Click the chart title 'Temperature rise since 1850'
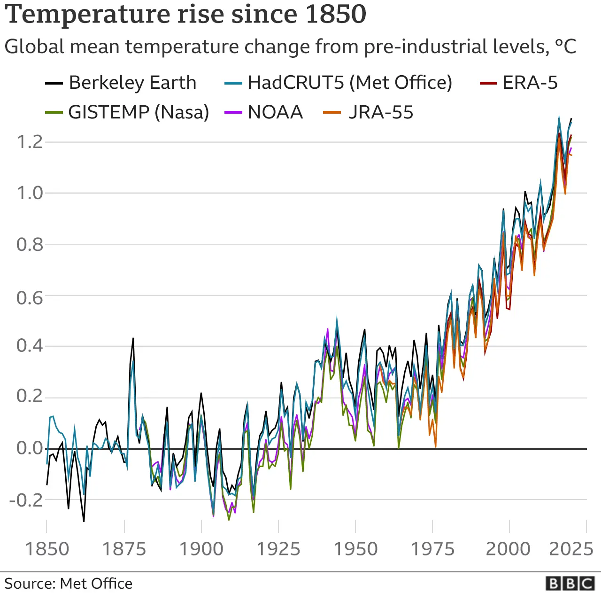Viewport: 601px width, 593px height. pyautogui.click(x=185, y=14)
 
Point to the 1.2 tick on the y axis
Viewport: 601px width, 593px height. pyautogui.click(x=30, y=141)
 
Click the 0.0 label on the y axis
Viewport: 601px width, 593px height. pyautogui.click(x=30, y=448)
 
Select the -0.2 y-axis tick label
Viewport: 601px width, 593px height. pyautogui.click(x=26, y=500)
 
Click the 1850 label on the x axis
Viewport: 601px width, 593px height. pyautogui.click(x=46, y=549)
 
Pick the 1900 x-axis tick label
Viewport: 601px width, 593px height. pyautogui.click(x=201, y=549)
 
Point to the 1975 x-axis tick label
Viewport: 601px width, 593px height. pyautogui.click(x=432, y=549)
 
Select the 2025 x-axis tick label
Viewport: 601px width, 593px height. pyautogui.click(x=571, y=549)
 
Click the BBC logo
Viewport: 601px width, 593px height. pyautogui.click(x=570, y=583)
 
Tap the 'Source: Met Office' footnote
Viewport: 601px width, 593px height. pyautogui.click(x=69, y=584)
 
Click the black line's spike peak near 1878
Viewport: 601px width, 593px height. pyautogui.click(x=133, y=338)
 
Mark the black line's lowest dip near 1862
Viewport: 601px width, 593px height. pyautogui.click(x=84, y=521)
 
